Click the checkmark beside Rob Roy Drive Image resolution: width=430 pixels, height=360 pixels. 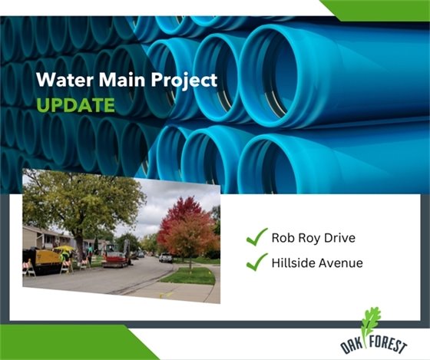point(256,237)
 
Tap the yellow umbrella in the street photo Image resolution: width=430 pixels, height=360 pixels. point(65,248)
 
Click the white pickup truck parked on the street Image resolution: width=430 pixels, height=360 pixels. point(166,257)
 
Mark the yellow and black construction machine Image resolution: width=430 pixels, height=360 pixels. point(43,259)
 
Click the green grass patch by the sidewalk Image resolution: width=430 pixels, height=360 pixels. point(187,275)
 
